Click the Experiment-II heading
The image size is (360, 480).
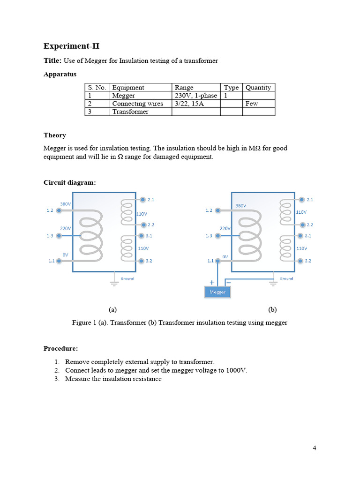[x=71, y=46]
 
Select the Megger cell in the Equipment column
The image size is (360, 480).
[x=123, y=96]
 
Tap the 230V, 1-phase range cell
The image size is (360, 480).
[x=195, y=96]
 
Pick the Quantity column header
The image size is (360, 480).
[x=258, y=87]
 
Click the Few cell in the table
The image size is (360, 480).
[x=252, y=104]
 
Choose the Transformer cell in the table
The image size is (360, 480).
[x=130, y=112]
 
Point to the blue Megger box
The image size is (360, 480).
[x=217, y=292]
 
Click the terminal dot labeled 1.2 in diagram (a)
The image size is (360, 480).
[x=59, y=211]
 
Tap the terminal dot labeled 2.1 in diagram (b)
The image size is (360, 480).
[x=301, y=199]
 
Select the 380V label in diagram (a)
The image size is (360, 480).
[x=66, y=204]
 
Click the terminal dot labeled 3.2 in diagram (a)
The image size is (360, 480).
[x=142, y=261]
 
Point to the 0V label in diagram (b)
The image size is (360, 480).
[x=225, y=257]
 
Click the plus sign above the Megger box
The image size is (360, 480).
[x=212, y=282]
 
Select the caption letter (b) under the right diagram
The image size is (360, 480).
[x=272, y=309]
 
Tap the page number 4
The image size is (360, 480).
[x=315, y=448]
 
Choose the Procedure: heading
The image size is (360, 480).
[x=60, y=348]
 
